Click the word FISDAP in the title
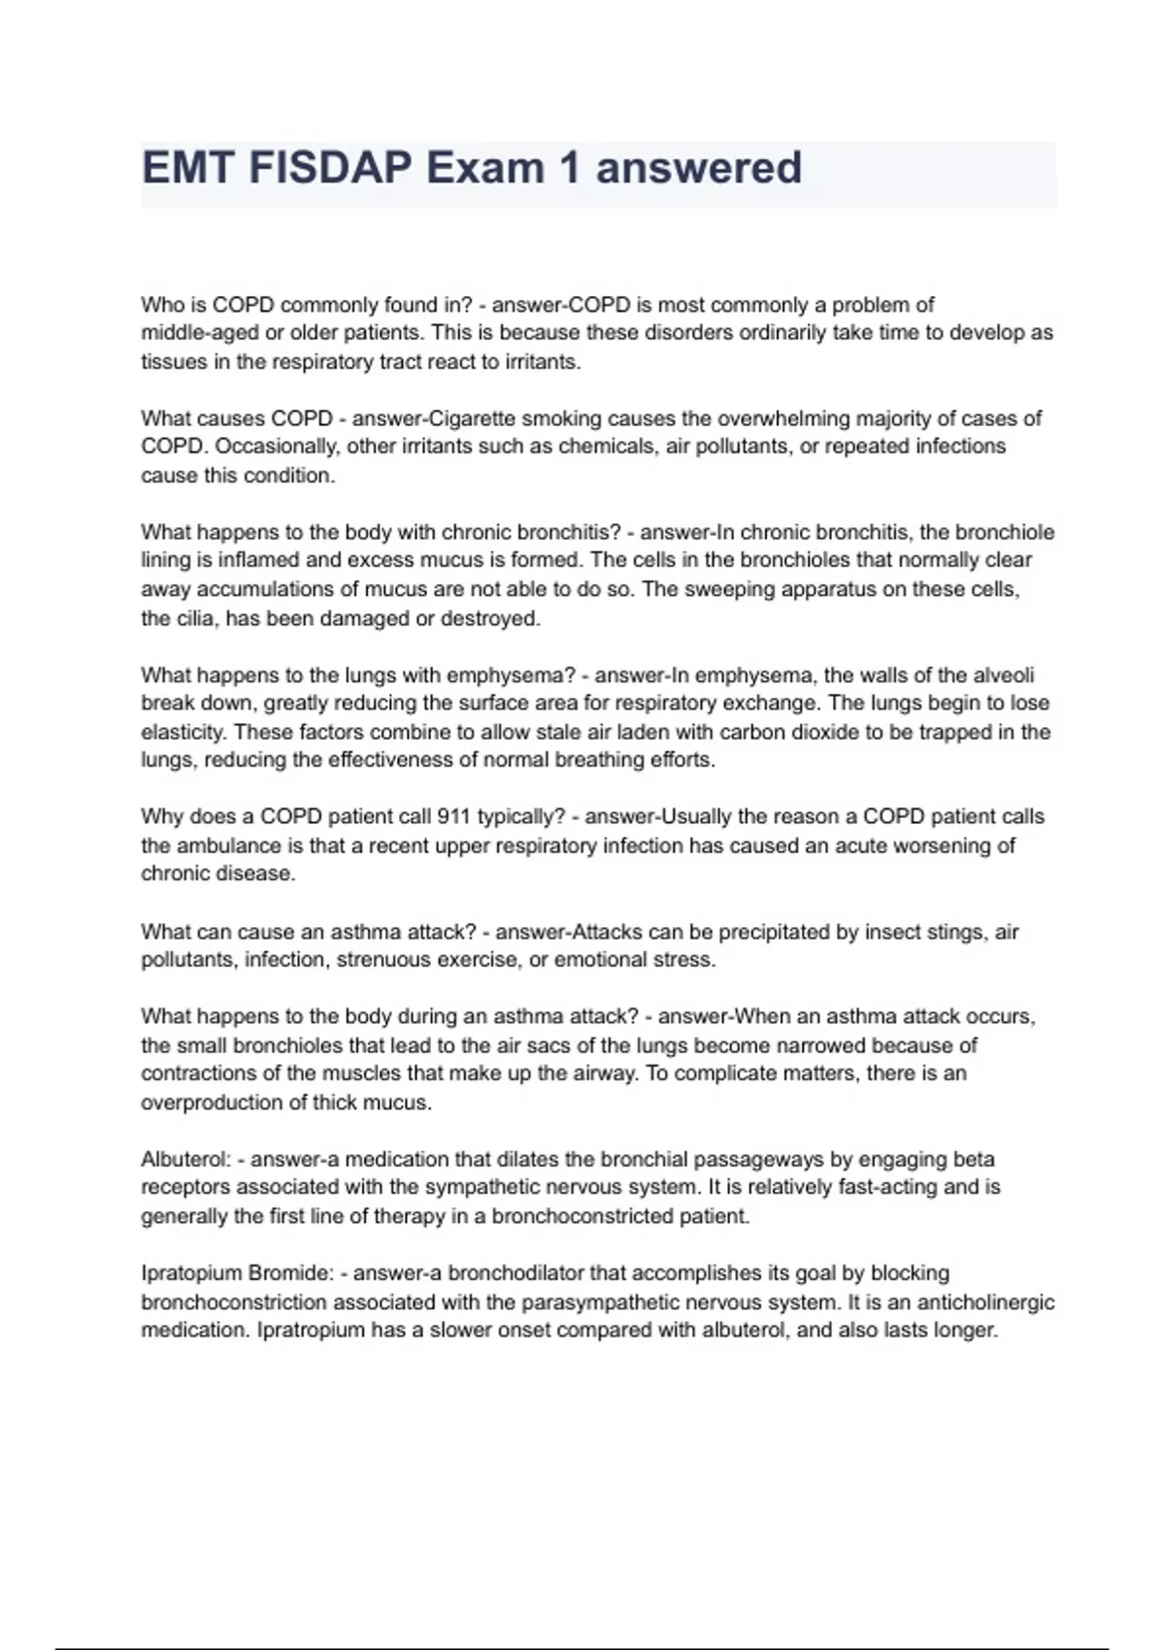click(x=330, y=168)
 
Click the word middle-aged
click(x=199, y=333)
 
